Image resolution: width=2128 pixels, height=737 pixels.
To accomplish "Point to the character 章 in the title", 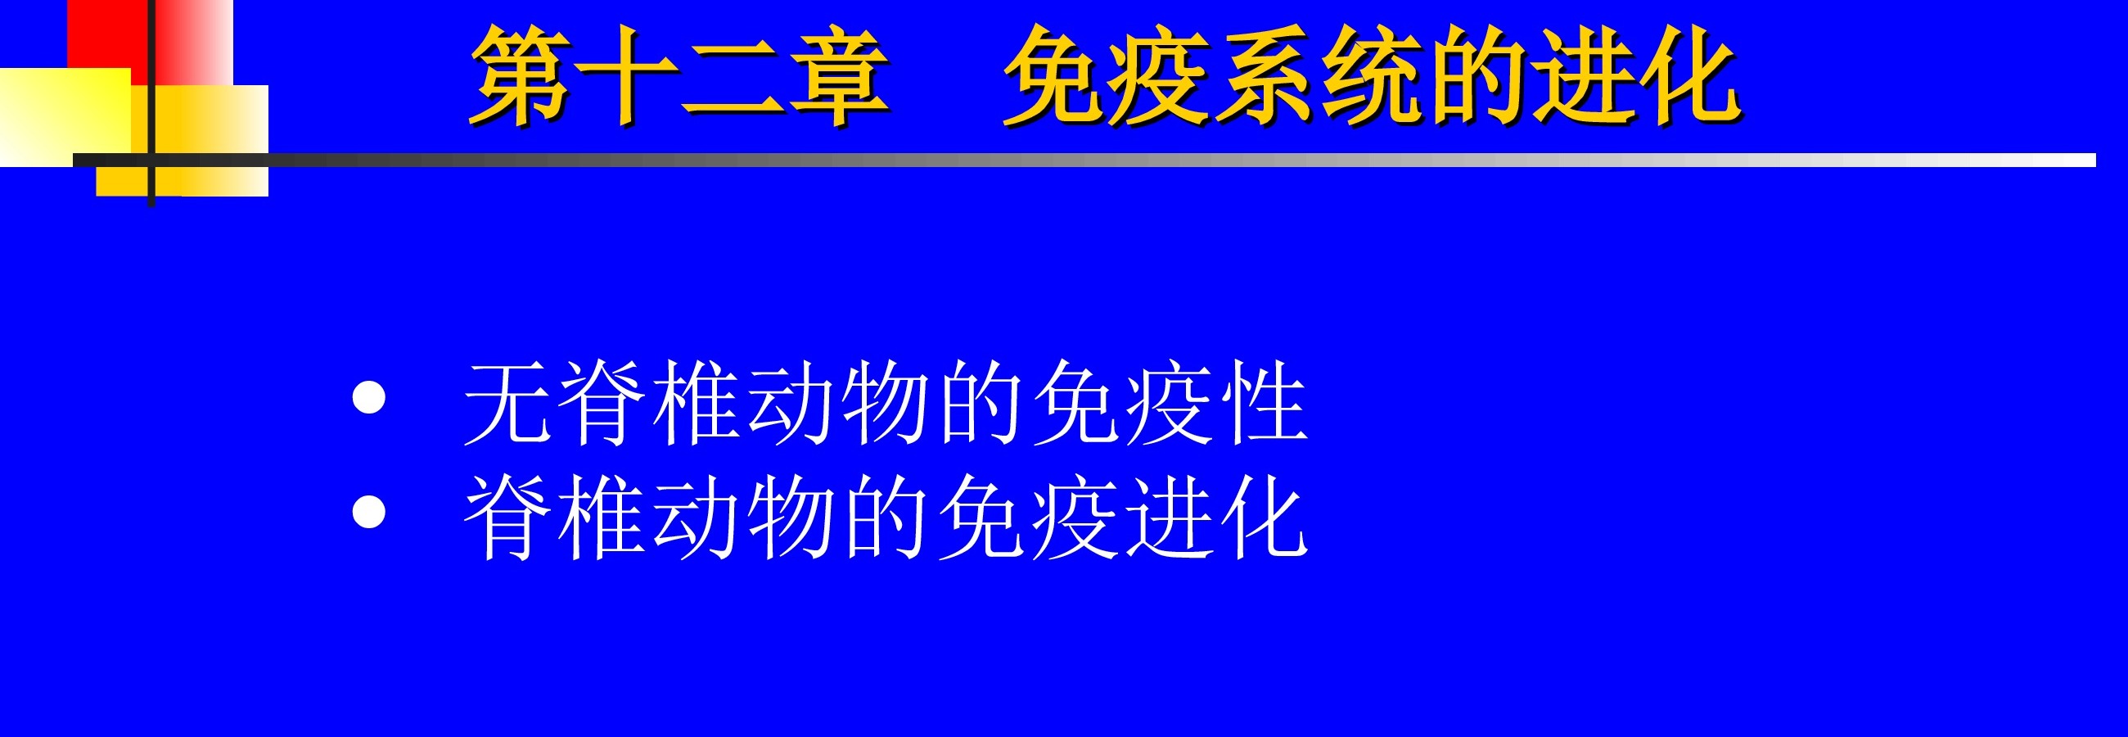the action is tap(838, 76).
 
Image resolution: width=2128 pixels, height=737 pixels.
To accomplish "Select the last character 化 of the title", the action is tap(1690, 76).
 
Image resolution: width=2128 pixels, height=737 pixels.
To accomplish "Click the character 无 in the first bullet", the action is tap(507, 403).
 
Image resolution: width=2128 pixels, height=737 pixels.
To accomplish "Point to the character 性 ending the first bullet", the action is tap(1265, 403).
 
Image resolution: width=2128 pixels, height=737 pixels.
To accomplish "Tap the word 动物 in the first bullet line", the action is tap(837, 403).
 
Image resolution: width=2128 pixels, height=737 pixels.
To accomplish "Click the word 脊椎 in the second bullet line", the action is tap(554, 518).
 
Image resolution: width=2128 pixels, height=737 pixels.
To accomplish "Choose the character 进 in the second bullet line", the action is tap(1170, 518).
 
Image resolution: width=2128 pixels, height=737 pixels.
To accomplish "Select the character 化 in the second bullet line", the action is tap(1265, 518).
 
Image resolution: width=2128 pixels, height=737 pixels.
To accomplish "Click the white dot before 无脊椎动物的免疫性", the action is tap(368, 396).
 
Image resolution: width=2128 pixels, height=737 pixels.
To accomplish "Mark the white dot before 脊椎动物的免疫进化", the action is tap(368, 512).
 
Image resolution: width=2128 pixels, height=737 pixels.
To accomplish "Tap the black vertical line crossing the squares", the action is tap(151, 103).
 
